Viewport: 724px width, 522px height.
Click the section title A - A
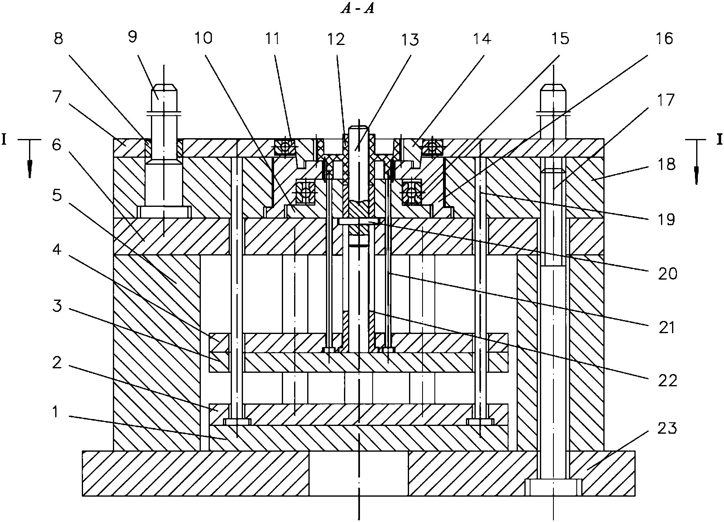(358, 9)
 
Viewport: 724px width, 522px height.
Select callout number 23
(667, 428)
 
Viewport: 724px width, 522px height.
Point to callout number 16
(665, 39)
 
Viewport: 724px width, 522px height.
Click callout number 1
(56, 412)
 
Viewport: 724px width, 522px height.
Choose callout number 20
(667, 273)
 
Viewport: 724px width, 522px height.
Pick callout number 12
(336, 39)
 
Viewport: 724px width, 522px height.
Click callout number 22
(667, 381)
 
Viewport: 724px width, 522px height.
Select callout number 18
(667, 165)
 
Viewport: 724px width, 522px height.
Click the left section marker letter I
(4, 140)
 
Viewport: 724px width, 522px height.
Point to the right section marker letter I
(719, 140)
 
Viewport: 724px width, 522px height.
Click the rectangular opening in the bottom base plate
(358, 473)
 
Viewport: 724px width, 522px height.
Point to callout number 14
(482, 39)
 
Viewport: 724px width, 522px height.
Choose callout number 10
(203, 38)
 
